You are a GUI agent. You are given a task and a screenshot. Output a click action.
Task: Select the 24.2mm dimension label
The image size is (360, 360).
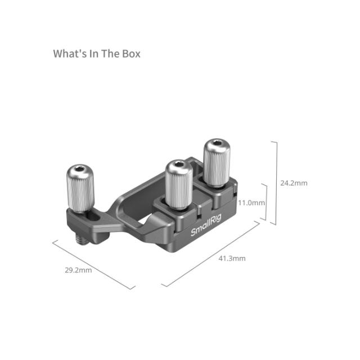294,183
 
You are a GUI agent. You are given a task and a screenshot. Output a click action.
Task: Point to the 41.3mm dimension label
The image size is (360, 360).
232,258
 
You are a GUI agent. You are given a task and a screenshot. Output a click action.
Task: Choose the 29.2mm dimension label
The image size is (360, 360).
78,270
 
